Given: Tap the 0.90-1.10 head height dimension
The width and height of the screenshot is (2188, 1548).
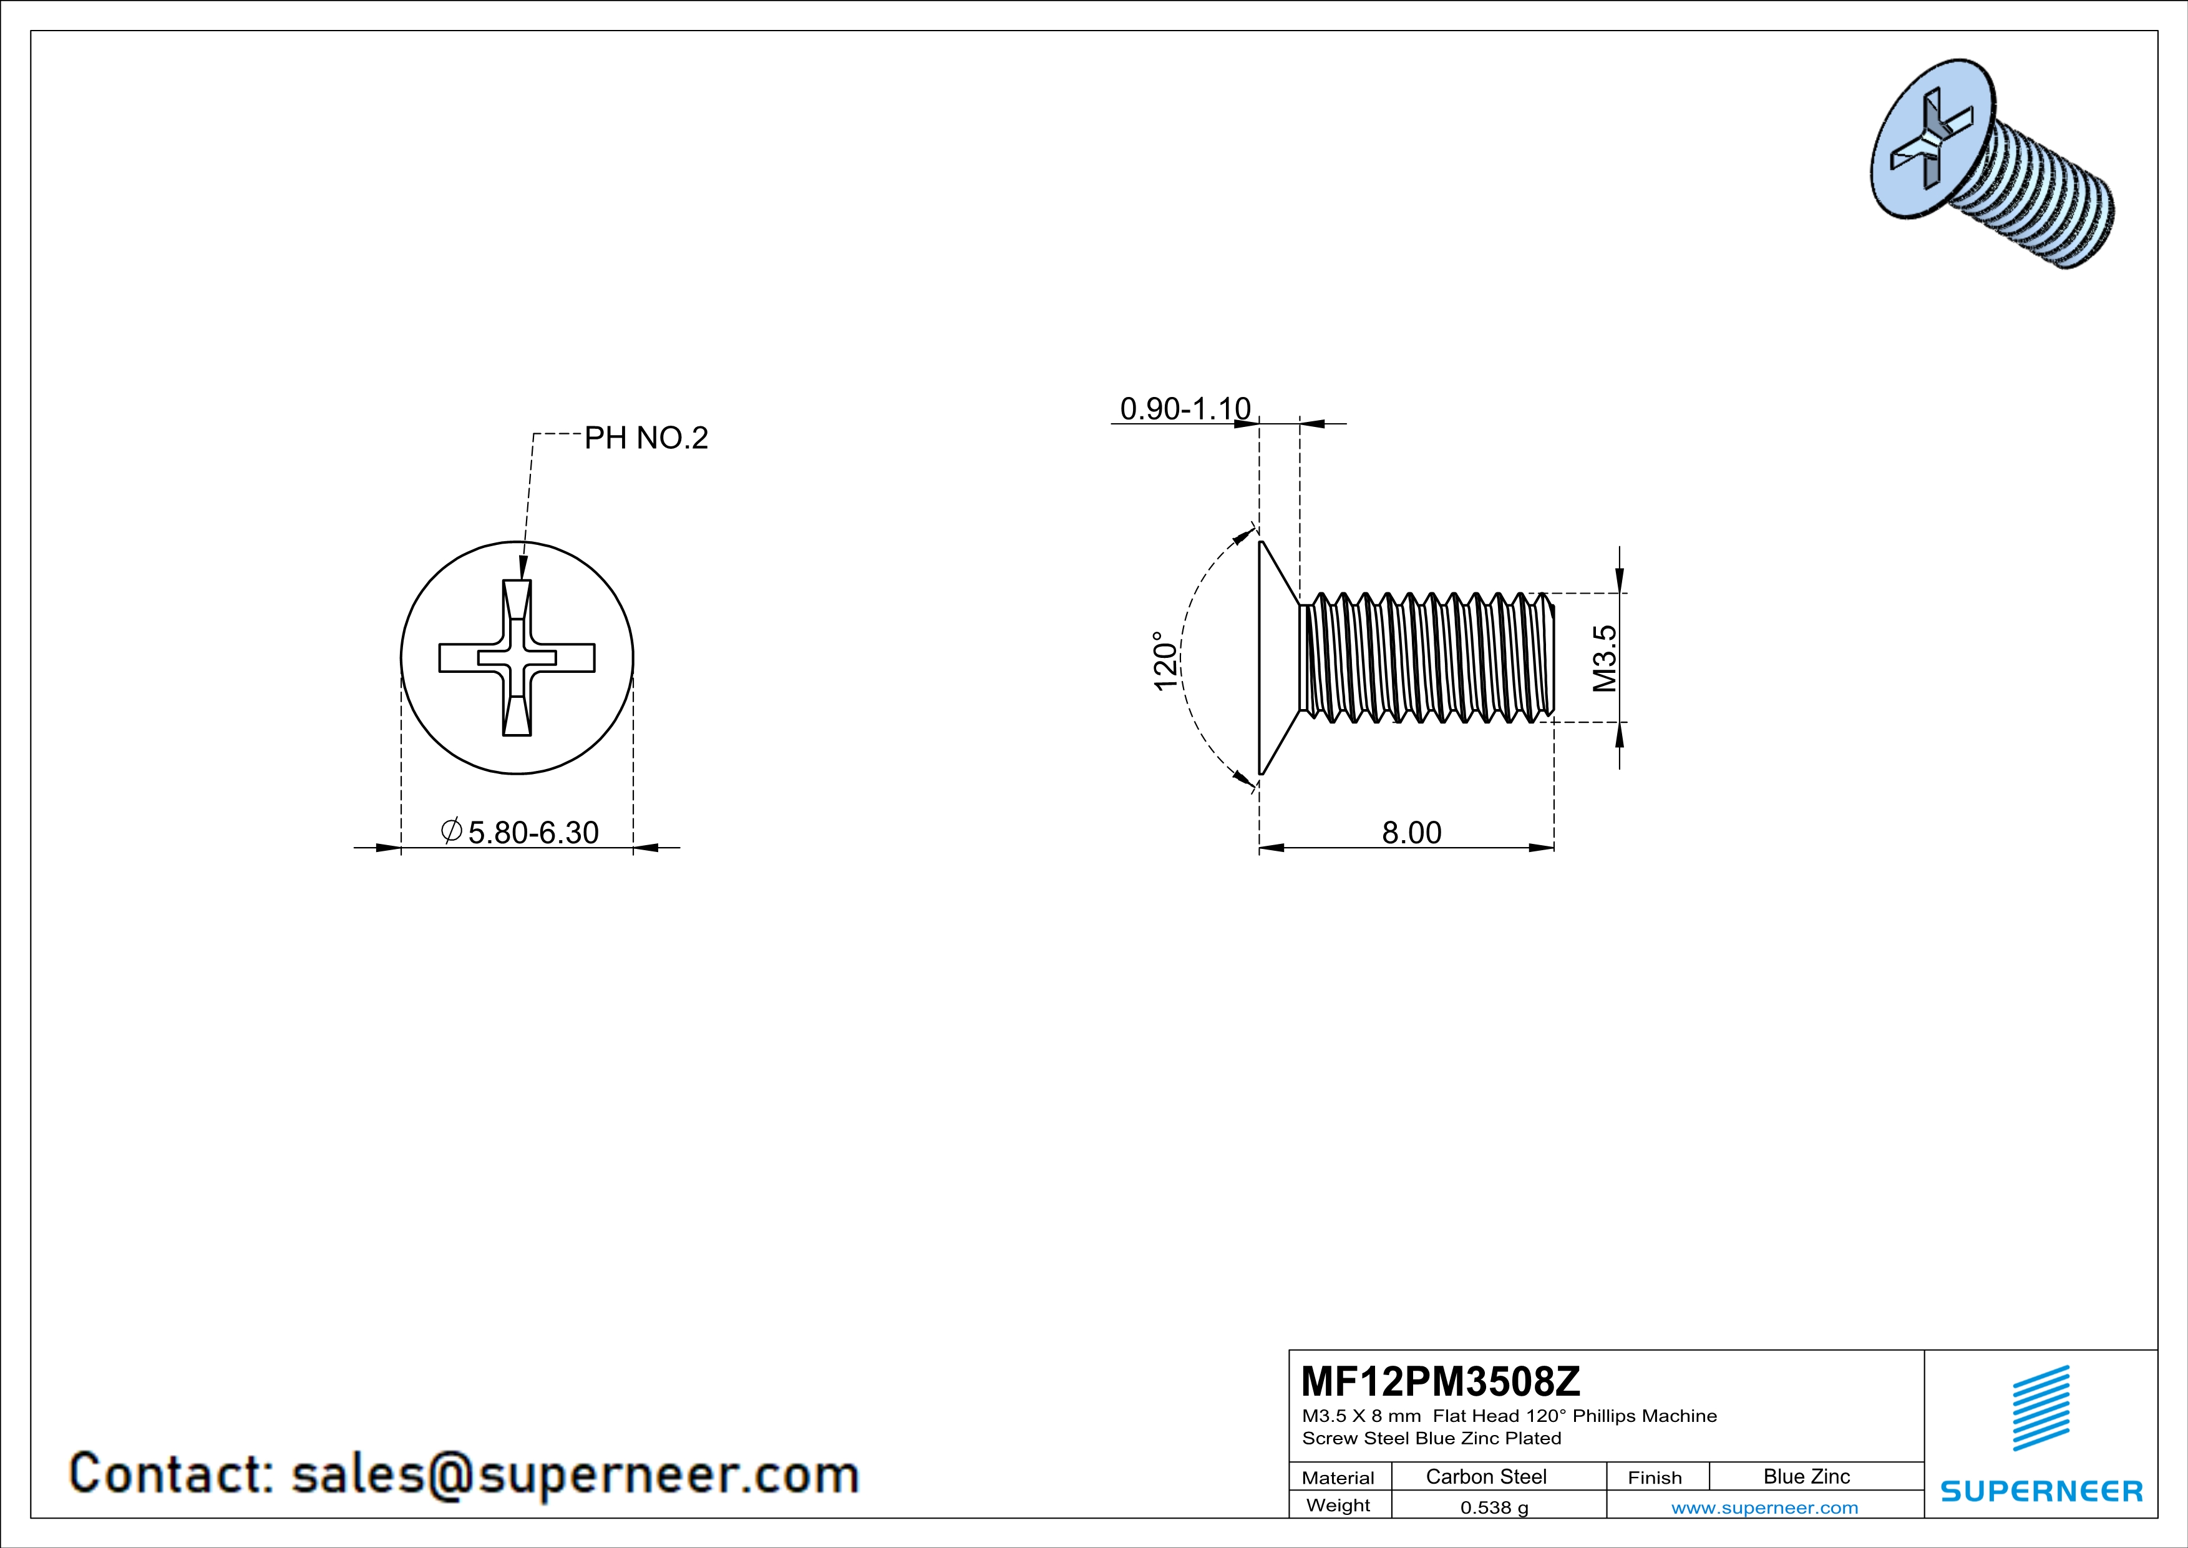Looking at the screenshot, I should (1185, 409).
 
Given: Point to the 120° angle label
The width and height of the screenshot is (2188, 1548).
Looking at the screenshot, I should (1165, 660).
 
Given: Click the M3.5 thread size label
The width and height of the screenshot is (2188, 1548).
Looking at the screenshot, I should (1605, 658).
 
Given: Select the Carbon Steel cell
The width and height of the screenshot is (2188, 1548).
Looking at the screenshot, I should (1485, 1476).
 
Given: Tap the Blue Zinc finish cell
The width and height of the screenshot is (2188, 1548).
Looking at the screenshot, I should (1806, 1476).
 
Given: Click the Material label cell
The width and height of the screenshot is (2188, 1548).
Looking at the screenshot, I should (1338, 1477).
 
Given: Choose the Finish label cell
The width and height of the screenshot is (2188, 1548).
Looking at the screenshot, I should (1655, 1477).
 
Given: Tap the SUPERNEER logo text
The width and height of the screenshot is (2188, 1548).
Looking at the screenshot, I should (2041, 1491).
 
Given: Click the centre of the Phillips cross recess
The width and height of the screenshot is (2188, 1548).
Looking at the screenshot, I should (517, 658).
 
